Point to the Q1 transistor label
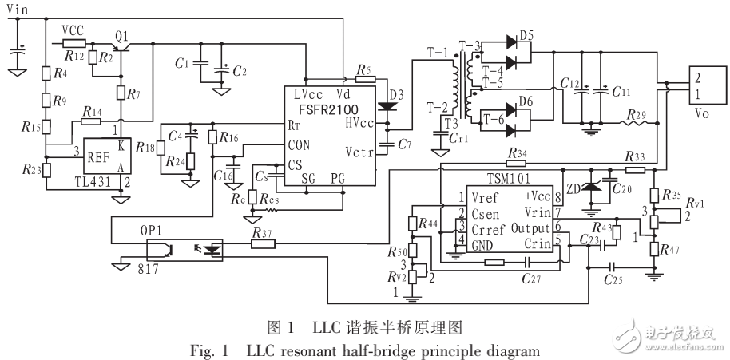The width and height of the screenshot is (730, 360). click(x=121, y=37)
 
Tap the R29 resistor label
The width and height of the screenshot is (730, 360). click(x=635, y=116)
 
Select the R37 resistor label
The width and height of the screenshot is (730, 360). click(x=261, y=233)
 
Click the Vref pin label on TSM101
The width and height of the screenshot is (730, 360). click(x=486, y=197)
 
